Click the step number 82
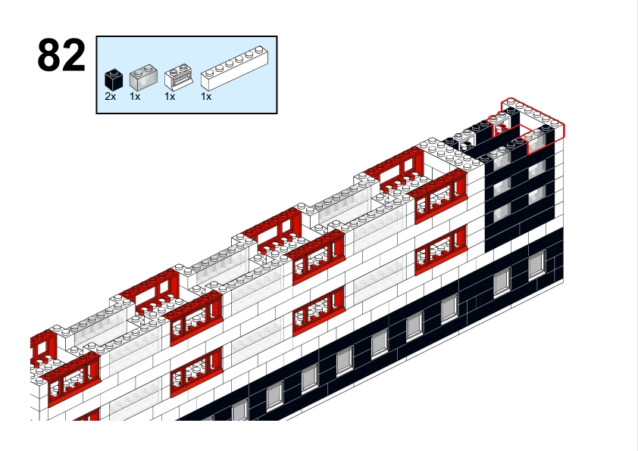point(61,55)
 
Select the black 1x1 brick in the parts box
point(114,79)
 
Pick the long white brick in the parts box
point(235,68)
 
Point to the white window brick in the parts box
point(179,76)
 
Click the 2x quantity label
point(111,97)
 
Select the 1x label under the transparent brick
point(135,97)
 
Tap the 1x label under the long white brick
point(206,97)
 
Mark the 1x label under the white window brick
point(170,97)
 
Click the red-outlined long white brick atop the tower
point(533,114)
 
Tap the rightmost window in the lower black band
point(537,265)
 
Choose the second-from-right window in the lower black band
point(502,282)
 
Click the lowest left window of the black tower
point(502,213)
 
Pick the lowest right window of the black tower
point(536,195)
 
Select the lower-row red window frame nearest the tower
point(441,250)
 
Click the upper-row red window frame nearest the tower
point(441,197)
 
